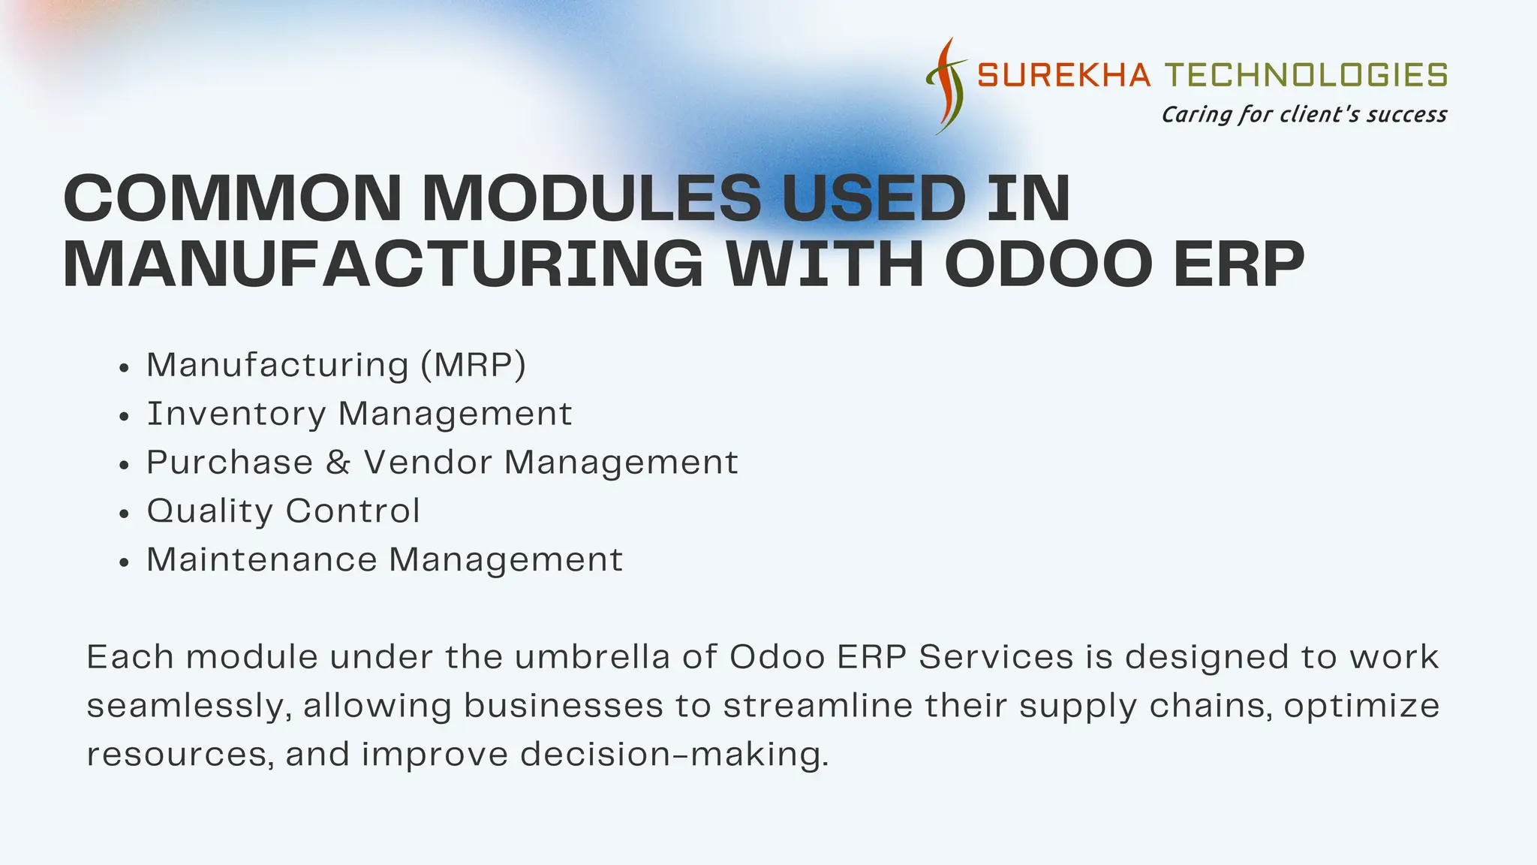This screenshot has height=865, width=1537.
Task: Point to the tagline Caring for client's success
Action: tap(1304, 115)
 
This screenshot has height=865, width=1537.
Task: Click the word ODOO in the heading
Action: tap(1048, 264)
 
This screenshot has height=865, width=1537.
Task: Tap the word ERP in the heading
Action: tap(1238, 264)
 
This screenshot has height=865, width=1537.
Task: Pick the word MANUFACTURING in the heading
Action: tap(383, 264)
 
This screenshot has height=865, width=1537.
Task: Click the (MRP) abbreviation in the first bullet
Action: tap(474, 366)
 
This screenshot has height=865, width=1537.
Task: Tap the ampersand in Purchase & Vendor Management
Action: tap(338, 463)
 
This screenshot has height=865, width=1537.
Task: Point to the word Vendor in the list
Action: tap(428, 463)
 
